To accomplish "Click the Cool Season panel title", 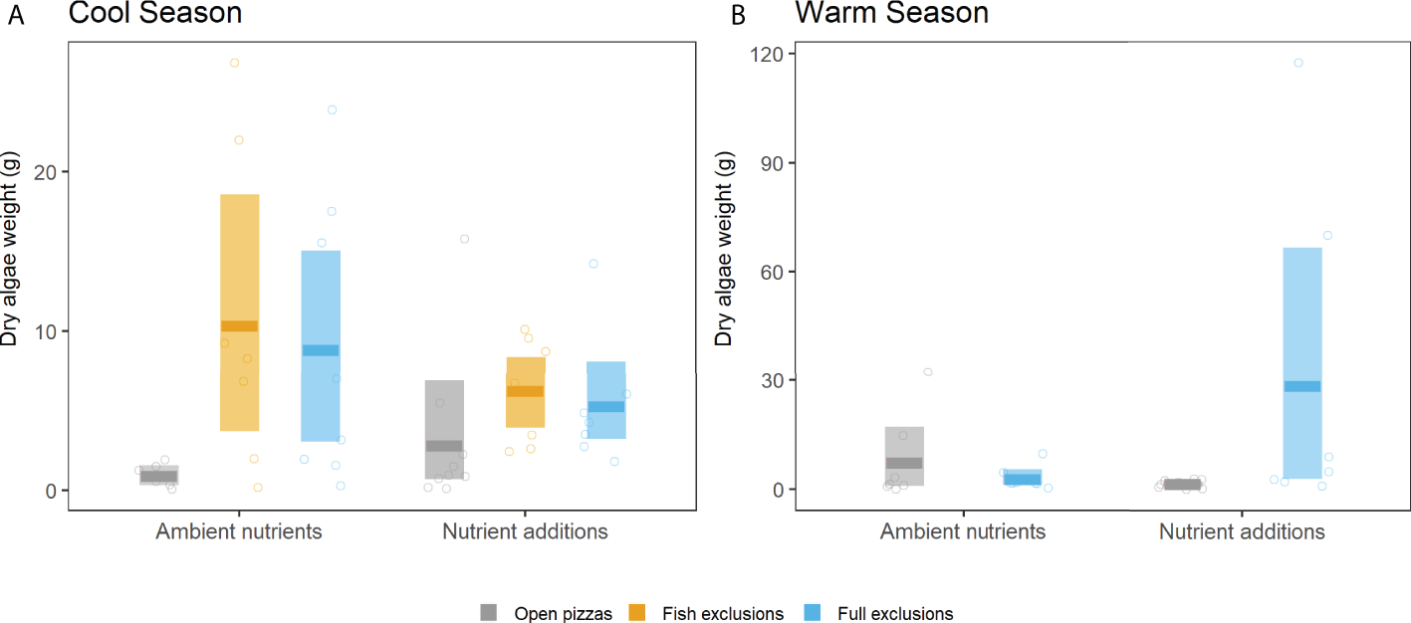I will pos(154,14).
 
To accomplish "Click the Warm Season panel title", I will pos(891,14).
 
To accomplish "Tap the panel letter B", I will pos(738,18).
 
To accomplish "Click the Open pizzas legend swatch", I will pos(489,612).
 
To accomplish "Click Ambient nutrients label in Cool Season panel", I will pos(239,531).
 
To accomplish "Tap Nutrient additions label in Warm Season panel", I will pos(1242,531).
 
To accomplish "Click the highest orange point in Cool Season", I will pos(235,63).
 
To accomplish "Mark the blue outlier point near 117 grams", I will pos(1298,63).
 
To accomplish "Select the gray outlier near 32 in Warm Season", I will pos(928,371).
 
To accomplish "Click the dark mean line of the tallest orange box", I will pos(239,326).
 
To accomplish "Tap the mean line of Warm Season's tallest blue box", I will pos(1301,386).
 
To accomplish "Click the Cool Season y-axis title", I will pos(10,273).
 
